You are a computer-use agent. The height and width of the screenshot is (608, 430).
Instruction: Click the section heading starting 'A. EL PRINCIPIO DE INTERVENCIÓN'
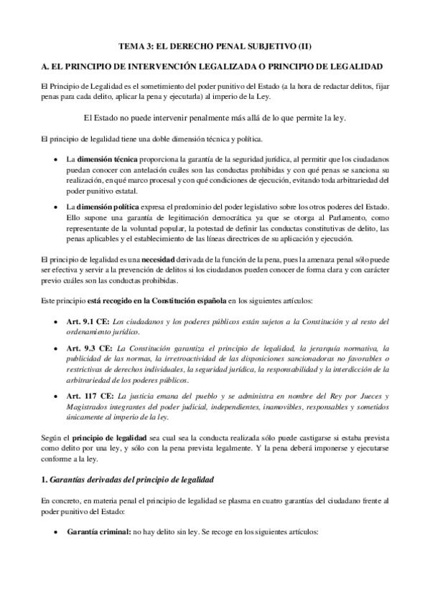tap(215, 66)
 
